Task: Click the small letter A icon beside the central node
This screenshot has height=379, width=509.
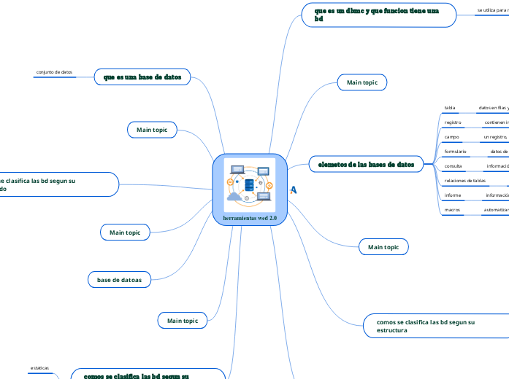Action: (294, 190)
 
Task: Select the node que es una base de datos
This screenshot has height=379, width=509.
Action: (142, 76)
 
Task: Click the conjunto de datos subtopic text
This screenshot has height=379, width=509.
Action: (54, 72)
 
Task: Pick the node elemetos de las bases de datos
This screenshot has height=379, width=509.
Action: (366, 165)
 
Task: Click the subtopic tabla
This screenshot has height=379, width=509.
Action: (450, 108)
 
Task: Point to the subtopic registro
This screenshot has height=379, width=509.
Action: (453, 122)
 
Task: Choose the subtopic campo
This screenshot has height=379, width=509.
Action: (451, 136)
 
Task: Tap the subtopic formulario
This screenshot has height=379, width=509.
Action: (455, 151)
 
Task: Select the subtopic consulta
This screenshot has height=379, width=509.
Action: (453, 165)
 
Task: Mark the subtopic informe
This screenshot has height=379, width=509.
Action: (453, 195)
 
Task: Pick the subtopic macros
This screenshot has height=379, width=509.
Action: (452, 210)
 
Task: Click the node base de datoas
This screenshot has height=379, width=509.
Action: (119, 279)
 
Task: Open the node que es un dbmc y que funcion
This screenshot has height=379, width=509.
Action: (377, 15)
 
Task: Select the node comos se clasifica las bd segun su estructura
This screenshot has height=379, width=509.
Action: (425, 325)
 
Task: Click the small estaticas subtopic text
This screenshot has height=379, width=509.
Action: (39, 368)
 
